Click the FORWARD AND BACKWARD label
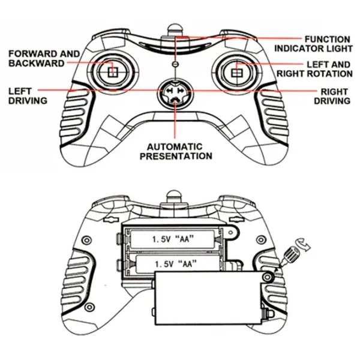pos(44,58)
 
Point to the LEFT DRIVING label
pos(28,96)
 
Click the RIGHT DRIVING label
pos(332,96)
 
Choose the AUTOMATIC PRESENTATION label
pos(176,151)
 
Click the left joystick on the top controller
pos(112,71)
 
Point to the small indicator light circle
pos(175,64)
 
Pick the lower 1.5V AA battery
pos(174,263)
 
